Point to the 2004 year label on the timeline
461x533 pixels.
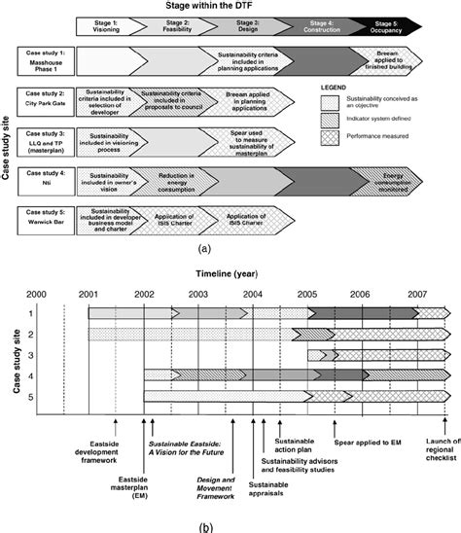coord(252,293)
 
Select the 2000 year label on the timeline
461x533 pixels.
coord(37,293)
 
